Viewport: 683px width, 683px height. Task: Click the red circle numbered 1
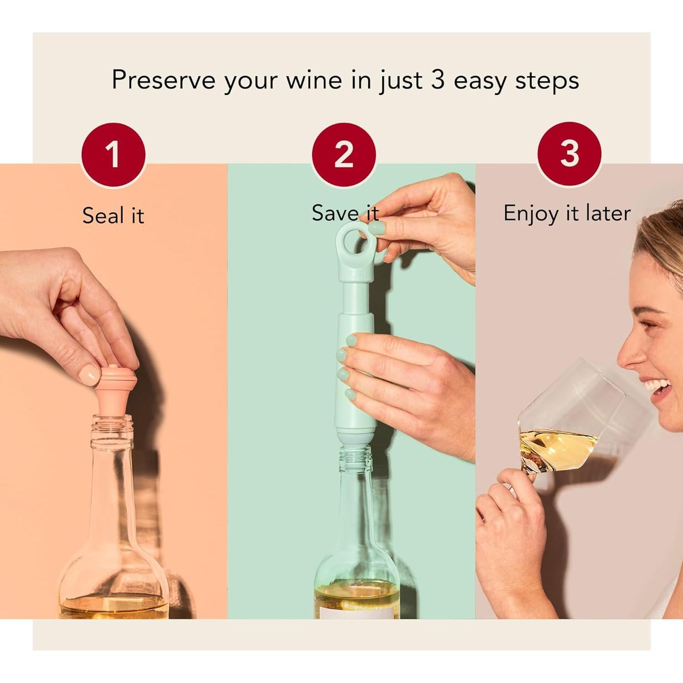tap(113, 154)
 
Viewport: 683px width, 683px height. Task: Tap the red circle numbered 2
tap(344, 154)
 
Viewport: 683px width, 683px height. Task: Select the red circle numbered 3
tap(569, 153)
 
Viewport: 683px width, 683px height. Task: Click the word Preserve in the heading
tap(163, 80)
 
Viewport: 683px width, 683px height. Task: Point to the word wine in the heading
tap(314, 80)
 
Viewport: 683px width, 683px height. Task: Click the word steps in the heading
tap(547, 81)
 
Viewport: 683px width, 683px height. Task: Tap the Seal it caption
tap(113, 215)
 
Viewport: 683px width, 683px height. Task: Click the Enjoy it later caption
tap(567, 213)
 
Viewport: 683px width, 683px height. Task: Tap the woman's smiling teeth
tap(658, 388)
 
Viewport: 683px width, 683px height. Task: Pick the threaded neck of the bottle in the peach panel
tap(111, 430)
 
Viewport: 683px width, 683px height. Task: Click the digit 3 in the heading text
tap(437, 80)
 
